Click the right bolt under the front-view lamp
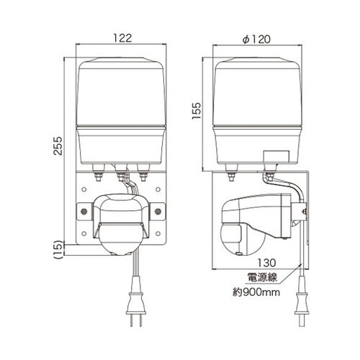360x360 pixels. point(143,175)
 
